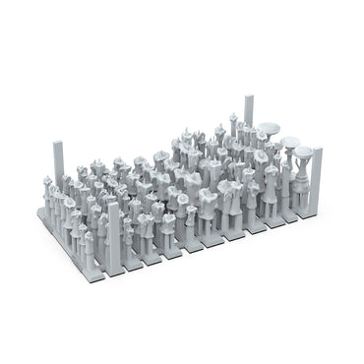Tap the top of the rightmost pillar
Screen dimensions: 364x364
click(317, 151)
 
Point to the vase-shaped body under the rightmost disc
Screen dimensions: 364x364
click(305, 178)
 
